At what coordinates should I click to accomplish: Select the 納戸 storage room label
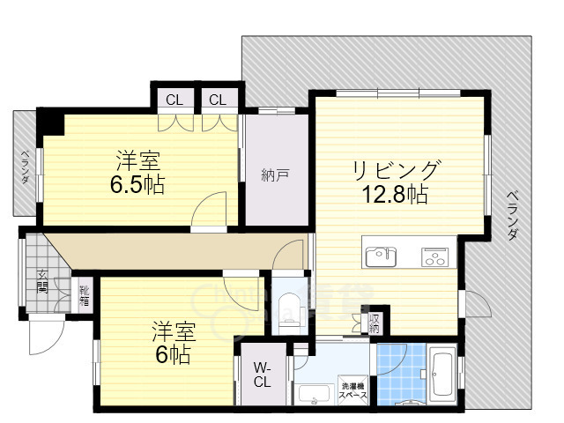[275, 174]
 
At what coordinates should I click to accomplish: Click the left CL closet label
[174, 100]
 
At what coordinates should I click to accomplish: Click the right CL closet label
[218, 100]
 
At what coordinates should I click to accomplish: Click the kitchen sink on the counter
[382, 256]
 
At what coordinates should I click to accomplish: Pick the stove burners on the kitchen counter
[434, 256]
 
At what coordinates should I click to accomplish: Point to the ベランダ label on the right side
[513, 216]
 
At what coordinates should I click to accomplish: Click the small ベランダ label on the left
[25, 166]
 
